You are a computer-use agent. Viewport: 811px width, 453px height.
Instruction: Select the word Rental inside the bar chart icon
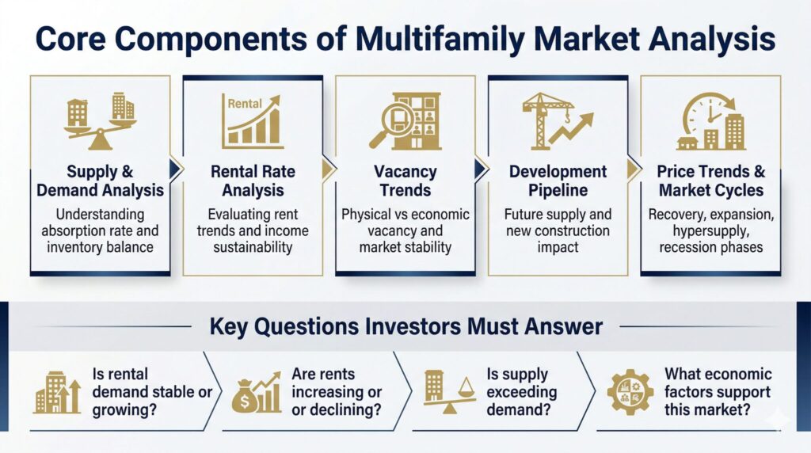(245, 104)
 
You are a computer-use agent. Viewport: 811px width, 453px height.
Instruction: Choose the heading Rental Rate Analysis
(253, 181)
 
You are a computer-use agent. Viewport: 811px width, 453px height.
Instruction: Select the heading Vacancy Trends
(405, 181)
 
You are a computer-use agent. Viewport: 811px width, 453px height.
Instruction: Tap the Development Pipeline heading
(558, 181)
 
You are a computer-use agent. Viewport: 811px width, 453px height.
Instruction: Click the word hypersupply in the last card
(710, 230)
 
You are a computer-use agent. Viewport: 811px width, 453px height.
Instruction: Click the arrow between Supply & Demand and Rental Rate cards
(176, 169)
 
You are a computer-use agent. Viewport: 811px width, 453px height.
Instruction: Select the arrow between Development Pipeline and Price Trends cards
(634, 169)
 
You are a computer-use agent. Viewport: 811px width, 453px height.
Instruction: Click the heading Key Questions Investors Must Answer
(406, 327)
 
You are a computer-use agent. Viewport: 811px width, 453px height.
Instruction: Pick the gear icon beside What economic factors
(630, 392)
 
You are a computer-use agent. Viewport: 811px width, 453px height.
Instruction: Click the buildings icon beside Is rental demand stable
(57, 393)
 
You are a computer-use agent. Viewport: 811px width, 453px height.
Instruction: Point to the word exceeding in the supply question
(521, 392)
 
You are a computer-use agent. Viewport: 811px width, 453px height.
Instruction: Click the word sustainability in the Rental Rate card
(253, 247)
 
